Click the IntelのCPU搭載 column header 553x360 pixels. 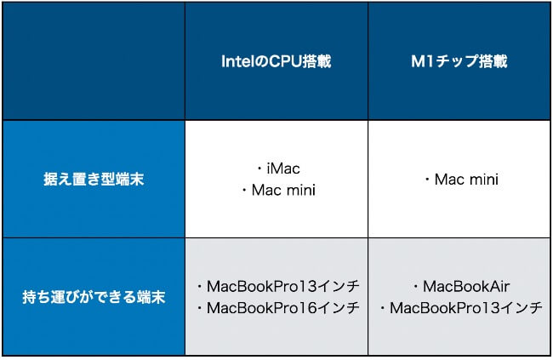point(276,61)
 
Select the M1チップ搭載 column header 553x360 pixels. point(459,61)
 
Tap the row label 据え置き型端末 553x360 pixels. point(94,179)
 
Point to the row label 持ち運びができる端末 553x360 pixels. point(94,297)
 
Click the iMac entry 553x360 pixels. point(283,169)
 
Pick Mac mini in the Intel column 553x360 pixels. point(283,191)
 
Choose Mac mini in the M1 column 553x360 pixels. point(466,180)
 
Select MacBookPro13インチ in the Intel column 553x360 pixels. point(282,286)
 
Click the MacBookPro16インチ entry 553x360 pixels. point(282,308)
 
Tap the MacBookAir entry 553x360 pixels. point(466,286)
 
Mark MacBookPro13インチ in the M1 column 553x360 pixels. point(466,308)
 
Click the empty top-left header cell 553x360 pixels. point(94,61)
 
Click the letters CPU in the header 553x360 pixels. point(286,61)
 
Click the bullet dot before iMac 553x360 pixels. point(260,169)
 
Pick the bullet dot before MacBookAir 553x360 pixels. point(416,287)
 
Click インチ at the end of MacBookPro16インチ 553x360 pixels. point(339,308)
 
